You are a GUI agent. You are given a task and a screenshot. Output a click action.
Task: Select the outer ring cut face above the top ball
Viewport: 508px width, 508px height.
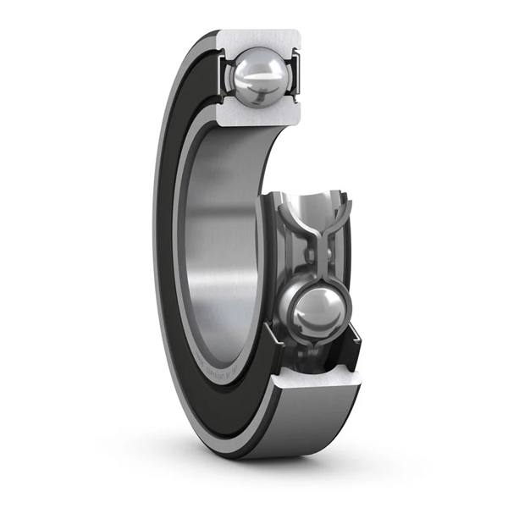tap(258, 38)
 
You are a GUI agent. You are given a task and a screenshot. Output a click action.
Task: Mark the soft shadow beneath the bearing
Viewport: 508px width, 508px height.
tap(279, 466)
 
